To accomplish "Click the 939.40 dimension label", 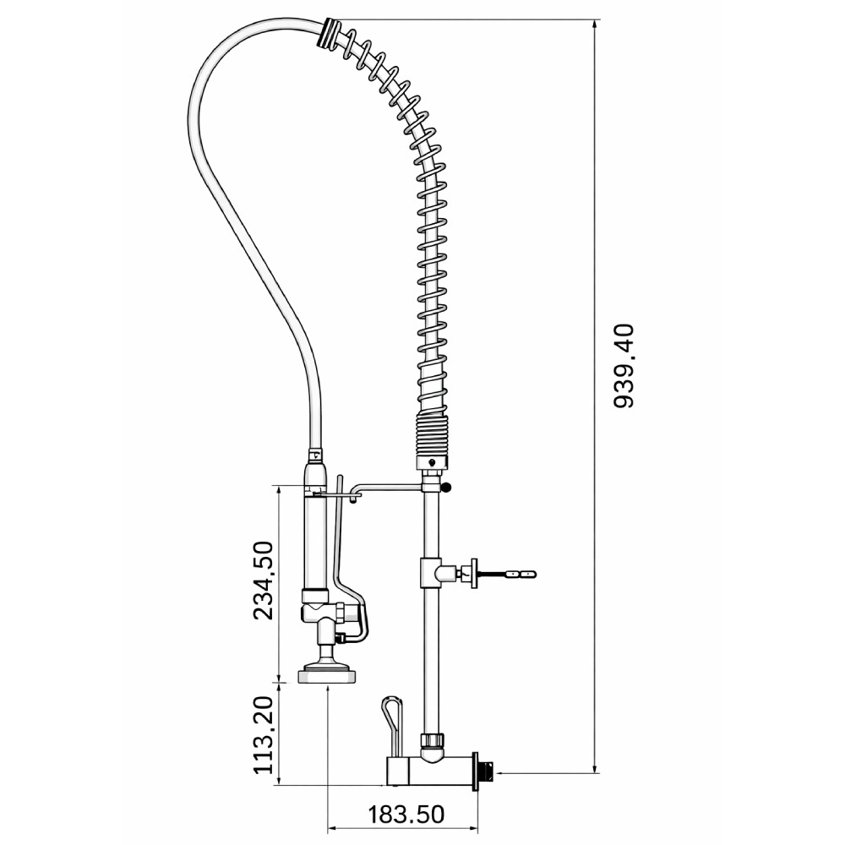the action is (x=625, y=366).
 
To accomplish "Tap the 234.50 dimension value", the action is (x=264, y=581).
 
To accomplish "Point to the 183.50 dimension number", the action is (x=406, y=815).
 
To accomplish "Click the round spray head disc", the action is (x=327, y=676).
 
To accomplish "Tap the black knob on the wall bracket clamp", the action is (x=445, y=488).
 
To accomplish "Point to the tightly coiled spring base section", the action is (x=431, y=434).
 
